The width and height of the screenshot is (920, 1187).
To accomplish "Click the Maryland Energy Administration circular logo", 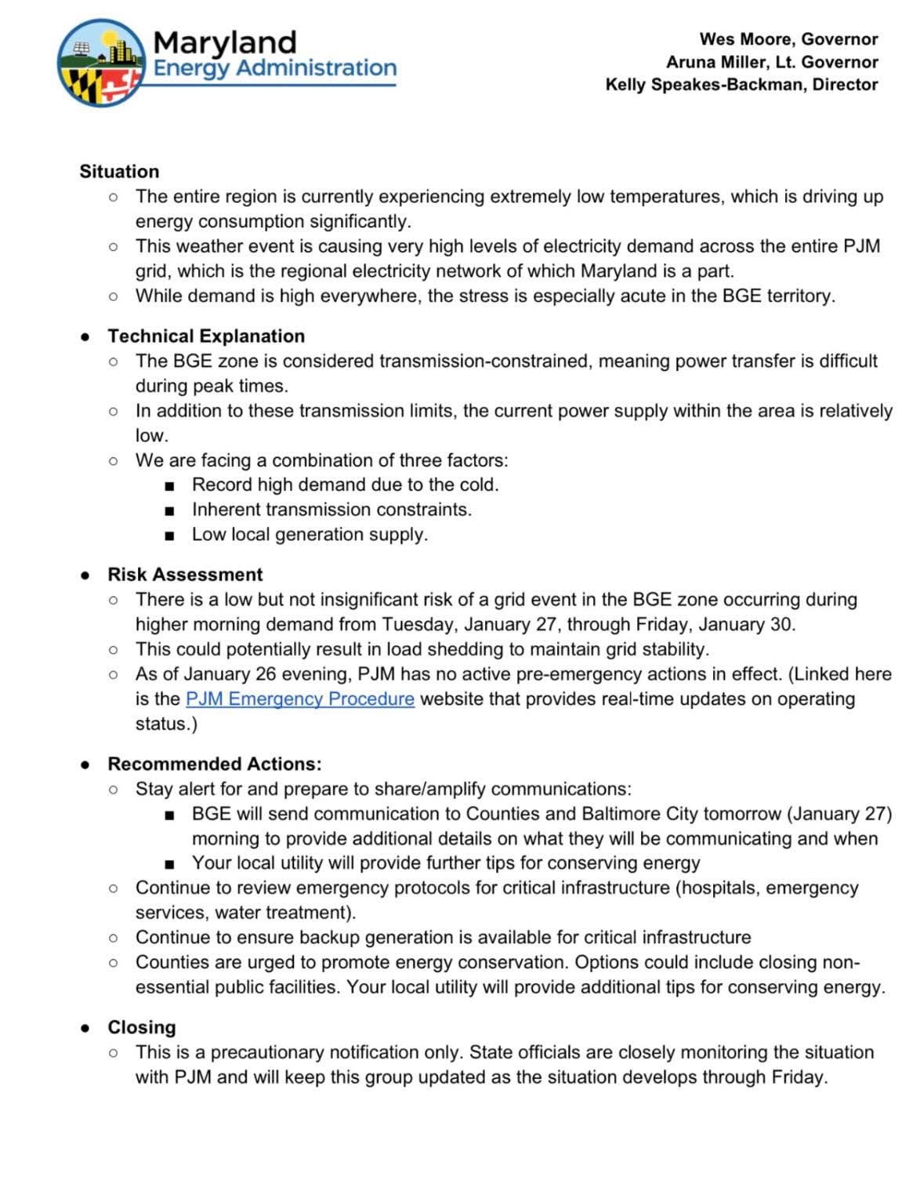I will point(100,63).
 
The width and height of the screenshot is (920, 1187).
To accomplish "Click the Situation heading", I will point(119,172).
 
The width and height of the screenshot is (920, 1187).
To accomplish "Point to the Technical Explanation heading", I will point(206,336).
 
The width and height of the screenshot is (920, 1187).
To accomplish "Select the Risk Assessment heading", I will point(185,575).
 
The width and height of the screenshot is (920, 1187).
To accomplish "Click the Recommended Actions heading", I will point(215,764).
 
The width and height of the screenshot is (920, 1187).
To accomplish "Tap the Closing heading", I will point(142,1028).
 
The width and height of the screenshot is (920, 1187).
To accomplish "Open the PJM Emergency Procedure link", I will point(300,699).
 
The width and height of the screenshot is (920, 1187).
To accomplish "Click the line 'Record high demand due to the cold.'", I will point(346,485).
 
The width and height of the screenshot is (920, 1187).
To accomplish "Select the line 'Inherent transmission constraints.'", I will point(332,510).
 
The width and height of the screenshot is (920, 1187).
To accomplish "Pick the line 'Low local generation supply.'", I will point(310,535).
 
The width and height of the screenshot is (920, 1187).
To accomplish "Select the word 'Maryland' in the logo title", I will point(225,42).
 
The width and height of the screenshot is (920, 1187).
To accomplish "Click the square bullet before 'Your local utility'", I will point(169,865).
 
